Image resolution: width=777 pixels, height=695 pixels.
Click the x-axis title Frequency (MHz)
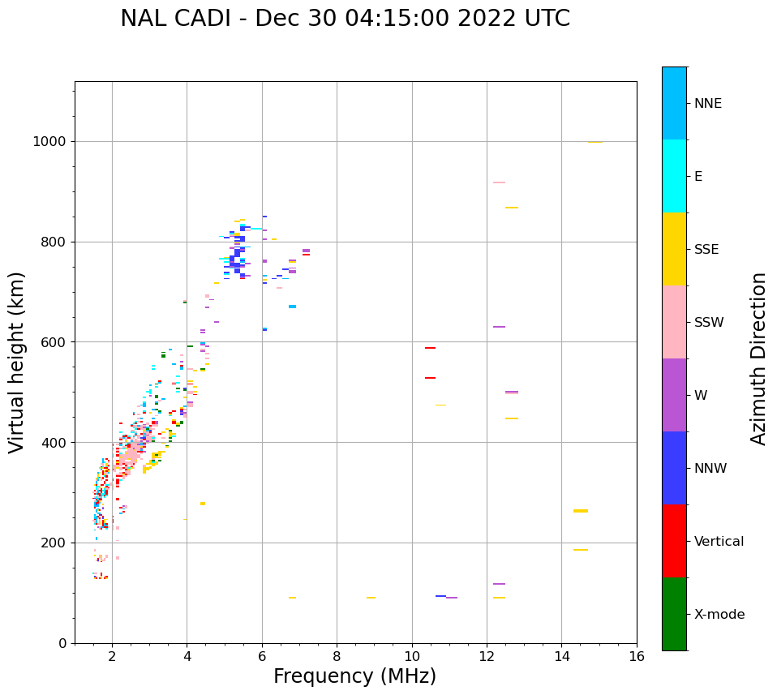coord(354,676)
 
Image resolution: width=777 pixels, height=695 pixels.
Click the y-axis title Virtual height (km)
coord(17,362)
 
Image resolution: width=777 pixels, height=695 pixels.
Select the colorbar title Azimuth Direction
coord(758,358)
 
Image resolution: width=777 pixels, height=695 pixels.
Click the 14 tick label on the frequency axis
coord(561,657)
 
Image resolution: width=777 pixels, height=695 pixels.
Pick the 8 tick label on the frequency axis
coord(337,657)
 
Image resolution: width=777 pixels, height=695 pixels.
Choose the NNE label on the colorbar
coord(707,104)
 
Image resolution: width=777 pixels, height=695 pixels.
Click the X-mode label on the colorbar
coord(719,615)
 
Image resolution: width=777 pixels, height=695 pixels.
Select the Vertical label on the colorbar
coord(719,542)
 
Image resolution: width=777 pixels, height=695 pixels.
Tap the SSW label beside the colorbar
coord(709,323)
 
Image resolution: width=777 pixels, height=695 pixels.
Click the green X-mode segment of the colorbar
coord(674,614)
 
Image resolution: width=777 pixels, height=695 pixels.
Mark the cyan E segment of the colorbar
coord(674,176)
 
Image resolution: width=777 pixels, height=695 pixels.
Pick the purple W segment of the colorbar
coord(674,395)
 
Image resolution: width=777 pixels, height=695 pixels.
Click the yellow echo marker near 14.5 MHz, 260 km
coord(581,511)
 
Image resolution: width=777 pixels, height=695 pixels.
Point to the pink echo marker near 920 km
coord(499,182)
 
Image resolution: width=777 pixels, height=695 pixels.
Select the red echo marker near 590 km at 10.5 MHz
coord(430,348)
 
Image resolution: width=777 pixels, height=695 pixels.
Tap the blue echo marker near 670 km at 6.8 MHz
coord(292,307)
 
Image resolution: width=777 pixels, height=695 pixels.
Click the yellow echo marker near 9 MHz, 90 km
coord(371,598)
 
